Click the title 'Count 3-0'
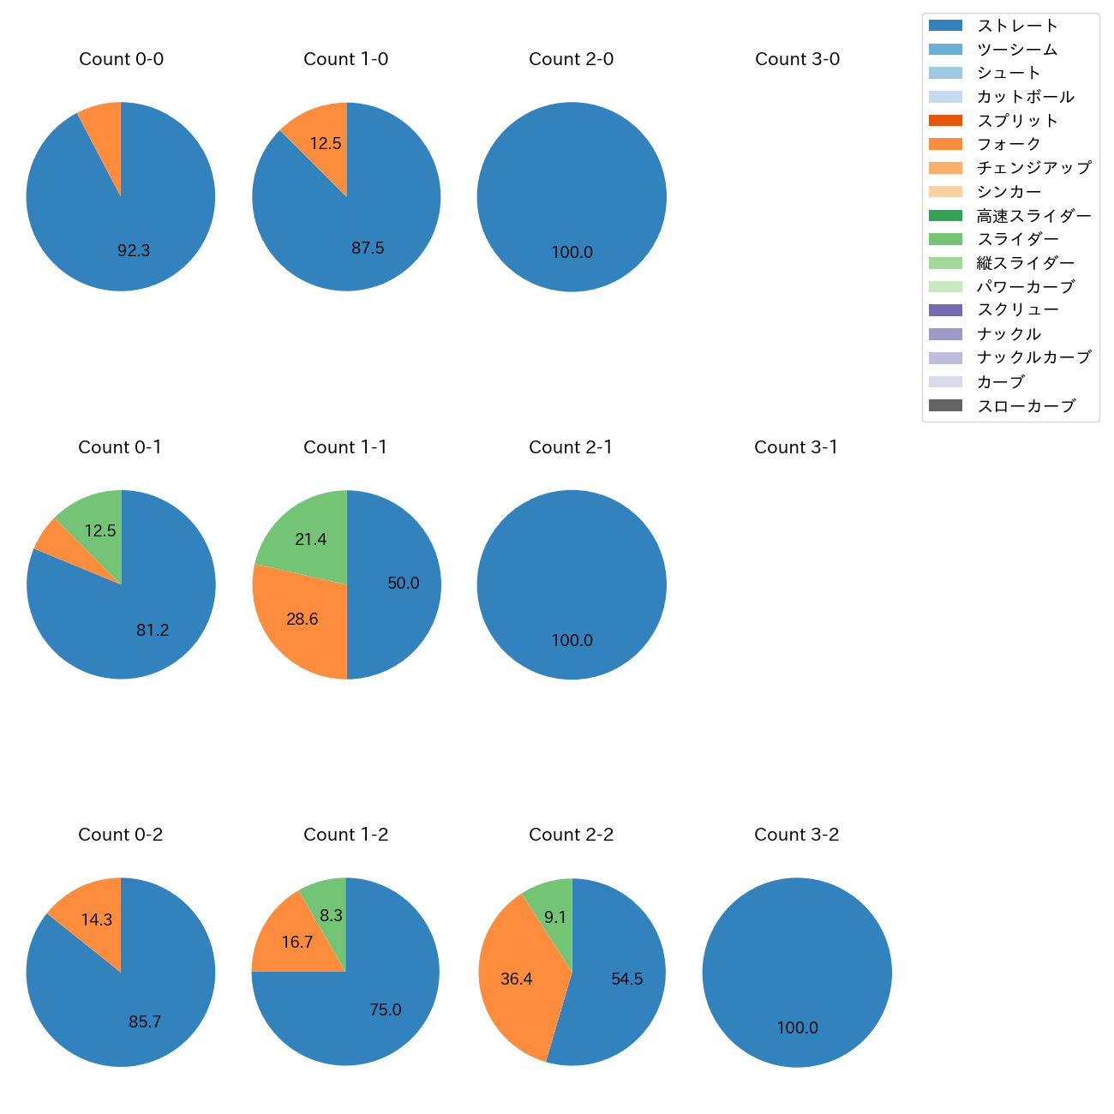pyautogui.click(x=797, y=59)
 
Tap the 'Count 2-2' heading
pyautogui.click(x=572, y=835)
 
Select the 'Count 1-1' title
pyautogui.click(x=345, y=447)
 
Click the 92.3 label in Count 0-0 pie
pyautogui.click(x=134, y=251)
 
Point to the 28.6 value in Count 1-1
pyautogui.click(x=302, y=620)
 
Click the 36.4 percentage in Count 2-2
pyautogui.click(x=517, y=979)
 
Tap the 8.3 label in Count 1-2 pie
pyautogui.click(x=332, y=916)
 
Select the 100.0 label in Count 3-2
pyautogui.click(x=798, y=1028)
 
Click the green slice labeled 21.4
pyautogui.click(x=308, y=536)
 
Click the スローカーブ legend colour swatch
pyautogui.click(x=945, y=405)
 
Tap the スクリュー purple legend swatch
pyautogui.click(x=945, y=310)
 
